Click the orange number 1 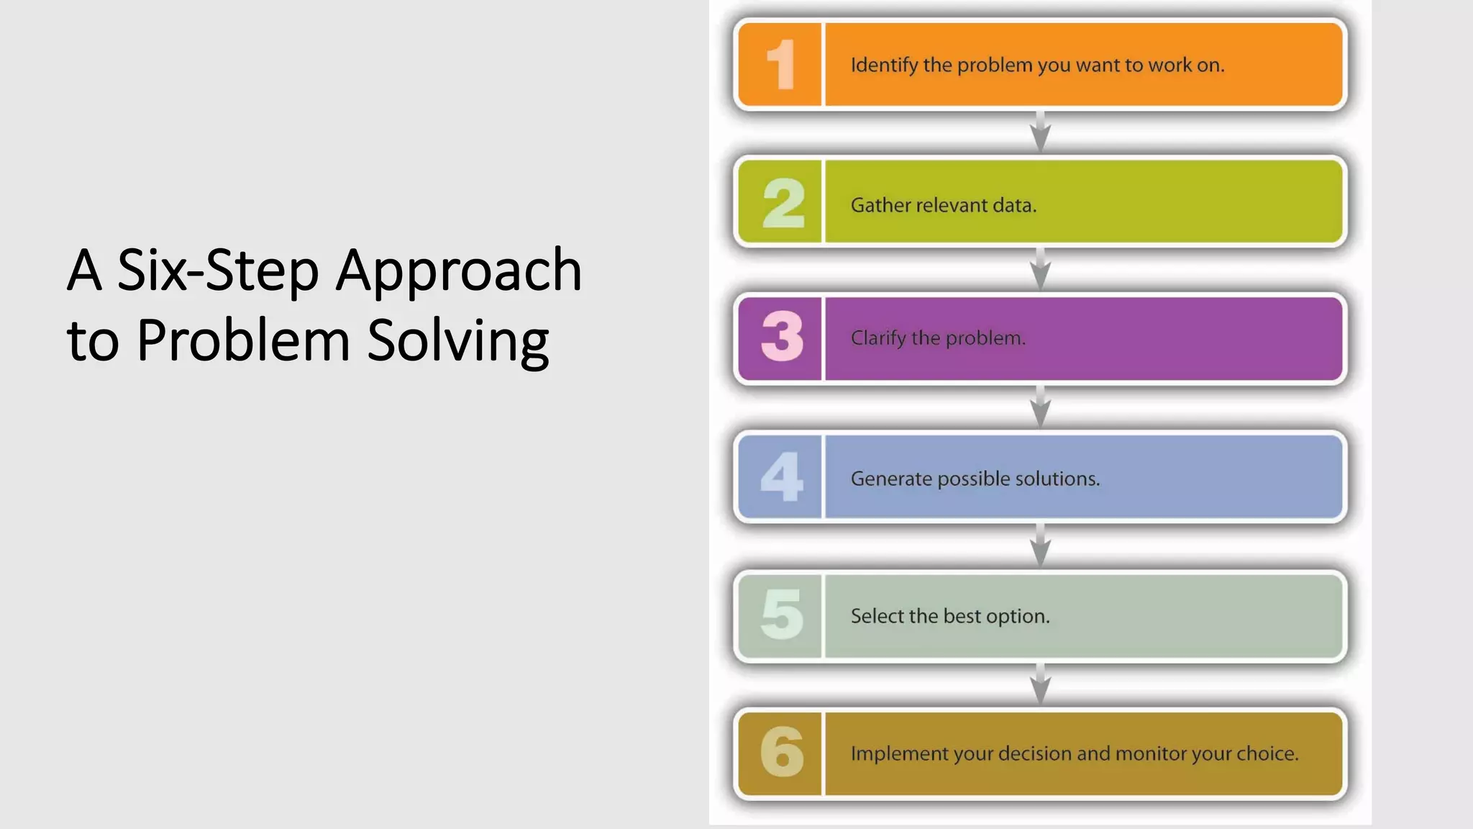pos(781,65)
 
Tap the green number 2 pos(783,204)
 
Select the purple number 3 pos(783,337)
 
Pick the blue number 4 pos(782,476)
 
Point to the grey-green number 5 pos(782,615)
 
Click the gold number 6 pos(782,752)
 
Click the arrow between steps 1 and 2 pos(1040,132)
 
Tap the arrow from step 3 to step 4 pos(1040,407)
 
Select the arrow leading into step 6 pos(1040,684)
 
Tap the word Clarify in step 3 pos(878,338)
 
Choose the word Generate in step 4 pos(891,479)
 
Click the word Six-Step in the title pos(218,271)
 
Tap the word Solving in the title pos(458,341)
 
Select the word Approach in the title pos(459,271)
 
